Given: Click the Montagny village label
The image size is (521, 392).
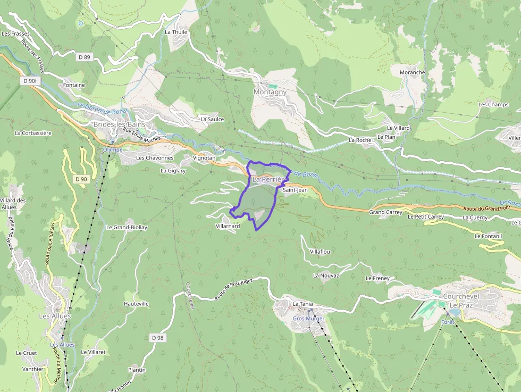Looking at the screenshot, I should click(x=270, y=92).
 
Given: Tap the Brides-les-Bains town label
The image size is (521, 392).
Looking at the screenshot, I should click(x=119, y=124).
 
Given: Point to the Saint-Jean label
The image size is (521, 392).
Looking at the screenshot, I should click(x=295, y=190).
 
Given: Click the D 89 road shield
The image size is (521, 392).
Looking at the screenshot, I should click(x=85, y=57).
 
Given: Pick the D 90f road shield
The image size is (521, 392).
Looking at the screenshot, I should click(x=31, y=81).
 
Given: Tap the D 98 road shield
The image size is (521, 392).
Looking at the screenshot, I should click(x=157, y=338).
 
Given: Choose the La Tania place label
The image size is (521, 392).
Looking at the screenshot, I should click(x=302, y=304).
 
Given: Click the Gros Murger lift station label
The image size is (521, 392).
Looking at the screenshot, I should click(x=308, y=319).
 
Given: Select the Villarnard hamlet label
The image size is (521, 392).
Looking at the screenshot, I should click(x=228, y=226).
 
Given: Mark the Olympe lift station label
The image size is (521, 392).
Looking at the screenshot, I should click(x=112, y=150).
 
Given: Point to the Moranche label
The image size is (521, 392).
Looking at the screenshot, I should click(x=412, y=72).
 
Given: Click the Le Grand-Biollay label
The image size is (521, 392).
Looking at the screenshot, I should click(x=127, y=227).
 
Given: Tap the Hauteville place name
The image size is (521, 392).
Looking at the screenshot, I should click(x=136, y=304).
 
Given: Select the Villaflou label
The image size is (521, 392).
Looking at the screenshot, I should click(x=320, y=252).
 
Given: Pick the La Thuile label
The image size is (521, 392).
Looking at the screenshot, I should click(x=177, y=32).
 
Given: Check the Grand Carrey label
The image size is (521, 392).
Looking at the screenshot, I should click(x=386, y=212).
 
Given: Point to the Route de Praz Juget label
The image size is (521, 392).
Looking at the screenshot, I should click(x=234, y=289).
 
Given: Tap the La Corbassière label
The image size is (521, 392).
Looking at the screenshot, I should click(x=33, y=133).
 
